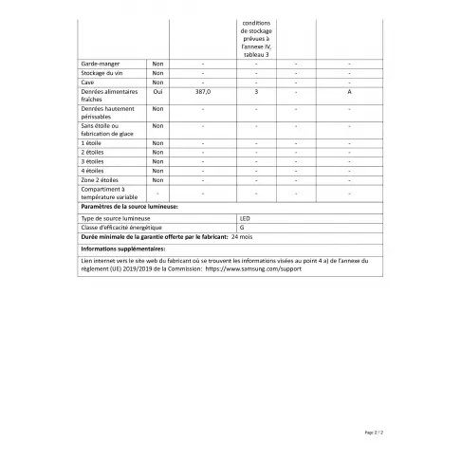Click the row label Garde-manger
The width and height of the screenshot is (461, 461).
click(x=100, y=64)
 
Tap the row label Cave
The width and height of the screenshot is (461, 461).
click(x=89, y=83)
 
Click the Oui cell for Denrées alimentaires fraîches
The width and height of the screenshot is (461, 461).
click(x=157, y=92)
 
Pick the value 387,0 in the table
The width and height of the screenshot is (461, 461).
click(x=203, y=92)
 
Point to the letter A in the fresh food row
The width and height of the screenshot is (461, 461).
click(x=349, y=92)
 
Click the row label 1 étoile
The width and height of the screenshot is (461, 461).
click(x=94, y=142)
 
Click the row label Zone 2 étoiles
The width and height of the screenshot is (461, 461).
click(x=101, y=180)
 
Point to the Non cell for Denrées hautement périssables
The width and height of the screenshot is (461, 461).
click(x=157, y=109)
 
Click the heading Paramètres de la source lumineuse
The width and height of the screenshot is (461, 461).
click(x=129, y=206)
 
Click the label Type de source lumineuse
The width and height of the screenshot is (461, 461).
click(x=115, y=218)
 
